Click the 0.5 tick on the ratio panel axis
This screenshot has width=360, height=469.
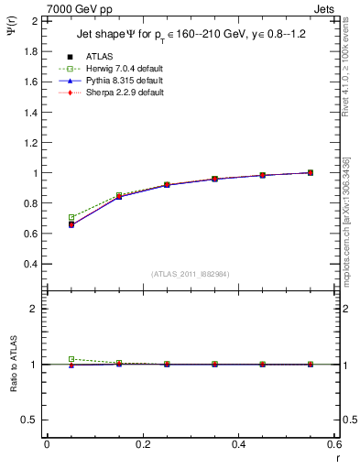[29, 420]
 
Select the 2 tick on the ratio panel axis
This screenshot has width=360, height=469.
[34, 309]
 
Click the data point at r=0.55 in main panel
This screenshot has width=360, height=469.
[311, 172]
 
